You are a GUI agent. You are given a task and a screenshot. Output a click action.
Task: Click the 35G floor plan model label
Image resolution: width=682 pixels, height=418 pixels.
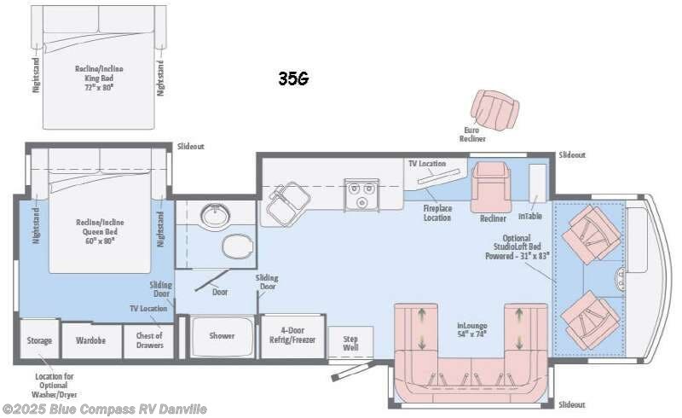(x=292, y=78)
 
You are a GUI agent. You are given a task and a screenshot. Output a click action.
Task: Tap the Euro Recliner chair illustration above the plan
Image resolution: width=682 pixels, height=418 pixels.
(x=495, y=110)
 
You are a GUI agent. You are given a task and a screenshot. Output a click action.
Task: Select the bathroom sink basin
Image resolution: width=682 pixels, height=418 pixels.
(x=213, y=217)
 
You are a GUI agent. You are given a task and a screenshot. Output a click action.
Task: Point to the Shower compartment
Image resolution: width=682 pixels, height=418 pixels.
(x=222, y=335)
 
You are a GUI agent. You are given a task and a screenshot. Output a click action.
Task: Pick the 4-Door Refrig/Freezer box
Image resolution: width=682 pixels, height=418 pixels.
(x=286, y=335)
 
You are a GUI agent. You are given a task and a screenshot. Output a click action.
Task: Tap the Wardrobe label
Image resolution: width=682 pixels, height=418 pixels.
(x=91, y=340)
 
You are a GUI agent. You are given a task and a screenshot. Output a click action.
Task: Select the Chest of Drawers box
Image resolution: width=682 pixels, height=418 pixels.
(x=149, y=340)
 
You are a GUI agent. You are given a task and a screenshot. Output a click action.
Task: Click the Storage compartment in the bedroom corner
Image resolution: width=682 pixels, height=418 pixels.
(x=38, y=340)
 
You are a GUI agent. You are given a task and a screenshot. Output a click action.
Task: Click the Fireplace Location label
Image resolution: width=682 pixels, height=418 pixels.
(x=437, y=212)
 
